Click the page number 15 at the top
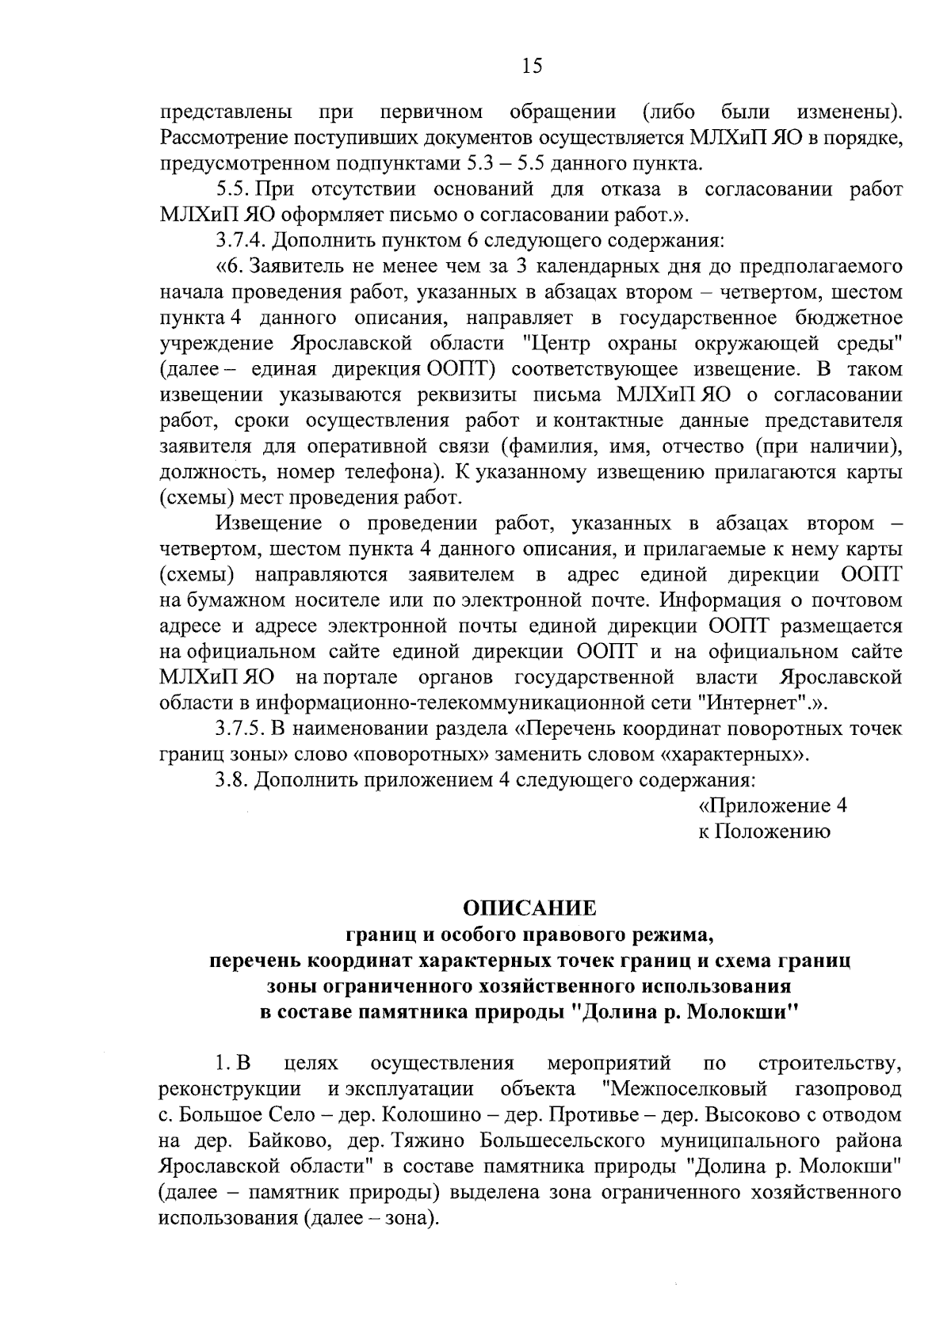532,67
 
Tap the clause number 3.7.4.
243,241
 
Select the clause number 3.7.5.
243,729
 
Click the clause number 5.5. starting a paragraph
233,190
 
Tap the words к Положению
764,832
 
